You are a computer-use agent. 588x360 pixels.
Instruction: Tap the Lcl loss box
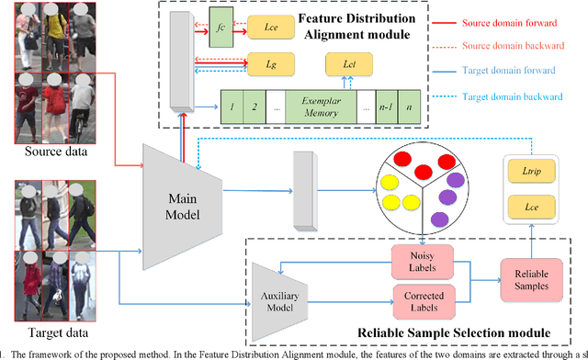(347, 63)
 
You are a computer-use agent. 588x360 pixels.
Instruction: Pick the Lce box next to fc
(272, 29)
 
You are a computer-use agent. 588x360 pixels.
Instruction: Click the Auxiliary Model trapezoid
(277, 283)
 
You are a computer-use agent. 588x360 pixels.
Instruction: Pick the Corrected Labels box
(417, 299)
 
